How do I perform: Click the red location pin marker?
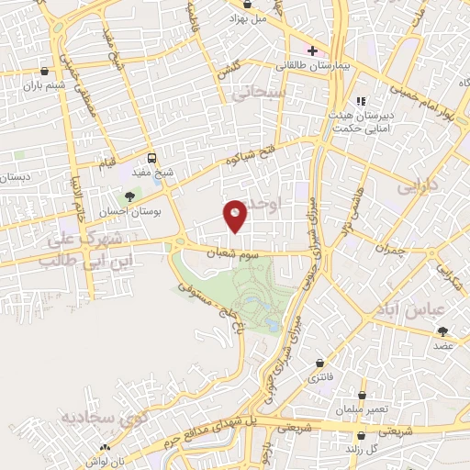pos(236,216)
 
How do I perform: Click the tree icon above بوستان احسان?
pos(129,196)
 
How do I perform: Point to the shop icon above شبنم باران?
pos(44,70)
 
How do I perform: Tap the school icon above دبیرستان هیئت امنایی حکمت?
pos(361,101)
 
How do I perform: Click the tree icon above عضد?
pos(444,330)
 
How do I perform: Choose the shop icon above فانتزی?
pos(319,364)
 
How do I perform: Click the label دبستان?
pos(16,175)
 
